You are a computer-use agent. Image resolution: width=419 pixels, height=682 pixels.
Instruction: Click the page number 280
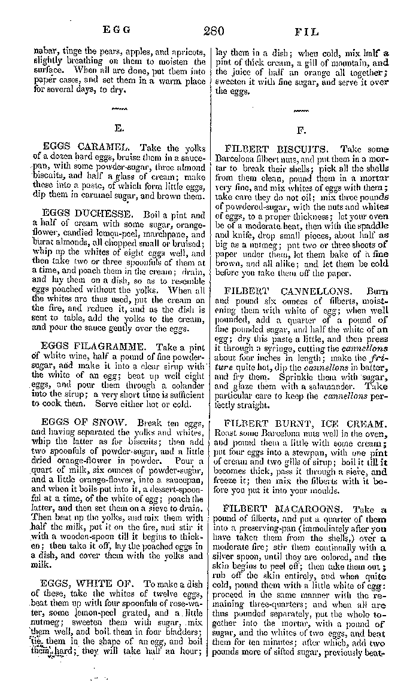tap(212, 31)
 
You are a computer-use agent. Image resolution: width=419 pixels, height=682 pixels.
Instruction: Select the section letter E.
tap(119, 128)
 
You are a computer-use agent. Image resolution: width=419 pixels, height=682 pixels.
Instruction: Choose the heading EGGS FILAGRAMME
tap(95, 346)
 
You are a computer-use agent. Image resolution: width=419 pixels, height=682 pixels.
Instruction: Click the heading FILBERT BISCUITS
tap(276, 149)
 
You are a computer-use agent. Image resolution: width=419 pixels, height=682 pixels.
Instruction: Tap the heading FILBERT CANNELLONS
tap(284, 293)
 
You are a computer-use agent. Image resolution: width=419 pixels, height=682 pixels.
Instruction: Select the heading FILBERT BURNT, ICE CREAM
tap(305, 423)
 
